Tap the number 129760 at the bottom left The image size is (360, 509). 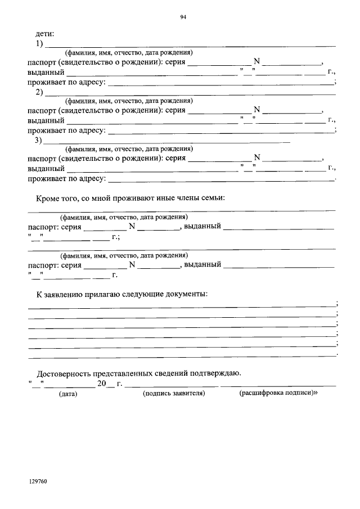click(38, 482)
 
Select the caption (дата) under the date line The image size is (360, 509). click(69, 394)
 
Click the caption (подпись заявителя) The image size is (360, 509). click(174, 394)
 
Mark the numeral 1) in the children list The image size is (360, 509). click(40, 44)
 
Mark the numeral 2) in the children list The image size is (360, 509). click(40, 92)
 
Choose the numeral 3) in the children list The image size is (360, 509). click(39, 141)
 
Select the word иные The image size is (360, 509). click(165, 198)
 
